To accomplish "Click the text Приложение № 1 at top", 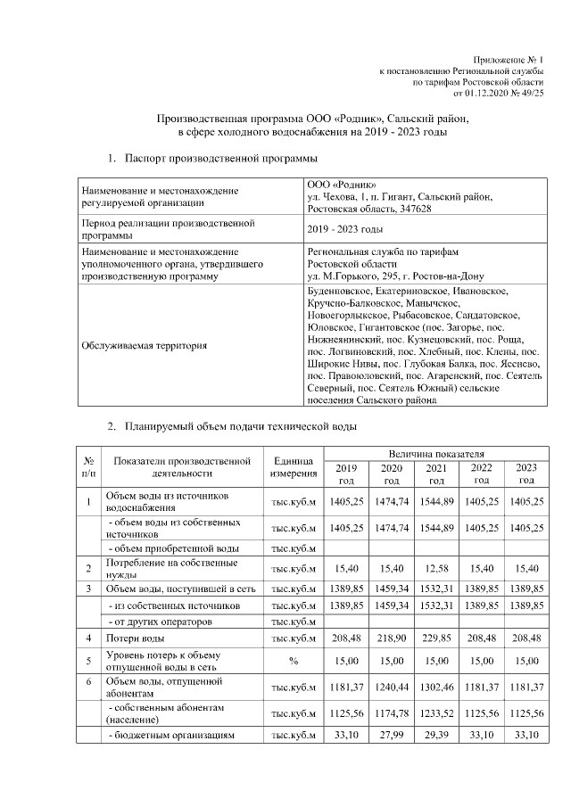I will click(x=507, y=58).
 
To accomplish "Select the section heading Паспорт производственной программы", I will click(x=221, y=158).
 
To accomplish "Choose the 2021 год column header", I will click(x=436, y=473).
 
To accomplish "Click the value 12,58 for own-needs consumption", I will click(x=436, y=568).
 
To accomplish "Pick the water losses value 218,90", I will click(x=391, y=638).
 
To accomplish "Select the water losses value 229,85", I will click(x=436, y=638).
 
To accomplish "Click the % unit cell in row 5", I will click(x=294, y=661).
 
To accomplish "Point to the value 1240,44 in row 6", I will click(x=391, y=688).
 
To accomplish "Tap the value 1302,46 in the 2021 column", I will click(x=436, y=688).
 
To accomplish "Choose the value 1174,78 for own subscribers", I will click(x=391, y=713).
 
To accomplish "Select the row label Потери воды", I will click(x=135, y=638).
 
